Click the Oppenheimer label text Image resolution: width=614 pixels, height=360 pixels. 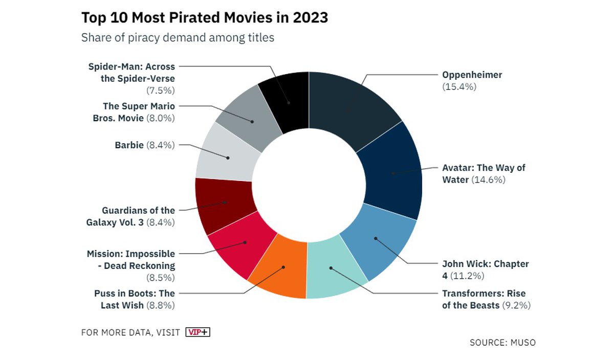click(472, 75)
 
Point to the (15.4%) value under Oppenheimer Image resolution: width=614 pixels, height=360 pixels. click(459, 87)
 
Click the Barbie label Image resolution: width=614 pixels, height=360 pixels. click(129, 145)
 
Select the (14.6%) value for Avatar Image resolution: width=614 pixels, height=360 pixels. click(488, 180)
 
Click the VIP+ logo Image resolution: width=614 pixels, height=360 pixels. click(198, 332)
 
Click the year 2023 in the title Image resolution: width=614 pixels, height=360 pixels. click(311, 18)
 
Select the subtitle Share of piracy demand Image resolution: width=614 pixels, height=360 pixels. click(178, 37)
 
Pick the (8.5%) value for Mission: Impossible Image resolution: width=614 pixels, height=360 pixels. click(161, 278)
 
